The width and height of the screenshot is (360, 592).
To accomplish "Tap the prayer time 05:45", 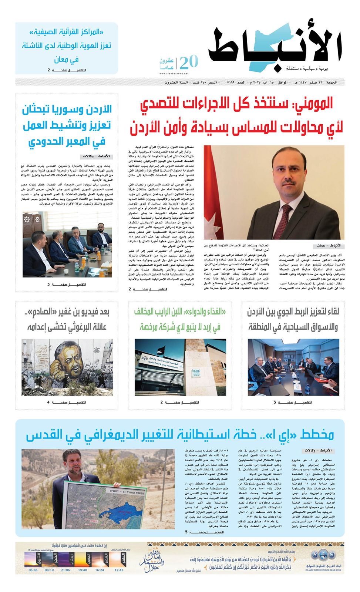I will (x=33, y=570).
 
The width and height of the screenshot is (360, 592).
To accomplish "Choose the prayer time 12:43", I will (x=119, y=570).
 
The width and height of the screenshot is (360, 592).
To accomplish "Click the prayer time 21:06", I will (x=65, y=570).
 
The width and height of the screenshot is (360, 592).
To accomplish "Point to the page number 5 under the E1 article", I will (x=187, y=532).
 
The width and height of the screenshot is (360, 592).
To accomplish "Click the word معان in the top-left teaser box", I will (x=61, y=59).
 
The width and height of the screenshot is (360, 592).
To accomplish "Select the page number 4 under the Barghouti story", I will (x=48, y=402).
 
